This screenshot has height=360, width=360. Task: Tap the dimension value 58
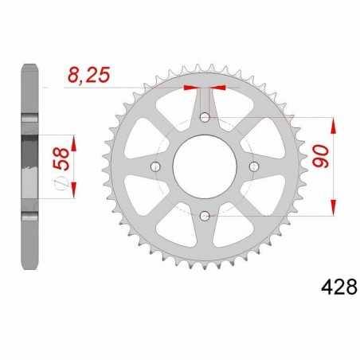(x=58, y=166)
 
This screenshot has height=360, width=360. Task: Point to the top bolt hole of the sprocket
(x=205, y=118)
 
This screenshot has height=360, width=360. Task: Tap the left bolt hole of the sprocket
(x=156, y=166)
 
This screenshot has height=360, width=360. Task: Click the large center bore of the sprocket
(x=205, y=166)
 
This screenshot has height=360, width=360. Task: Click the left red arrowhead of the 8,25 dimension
(x=190, y=87)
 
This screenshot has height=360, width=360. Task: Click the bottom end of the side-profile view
(x=29, y=266)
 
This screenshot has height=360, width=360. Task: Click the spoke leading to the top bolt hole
(x=205, y=100)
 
